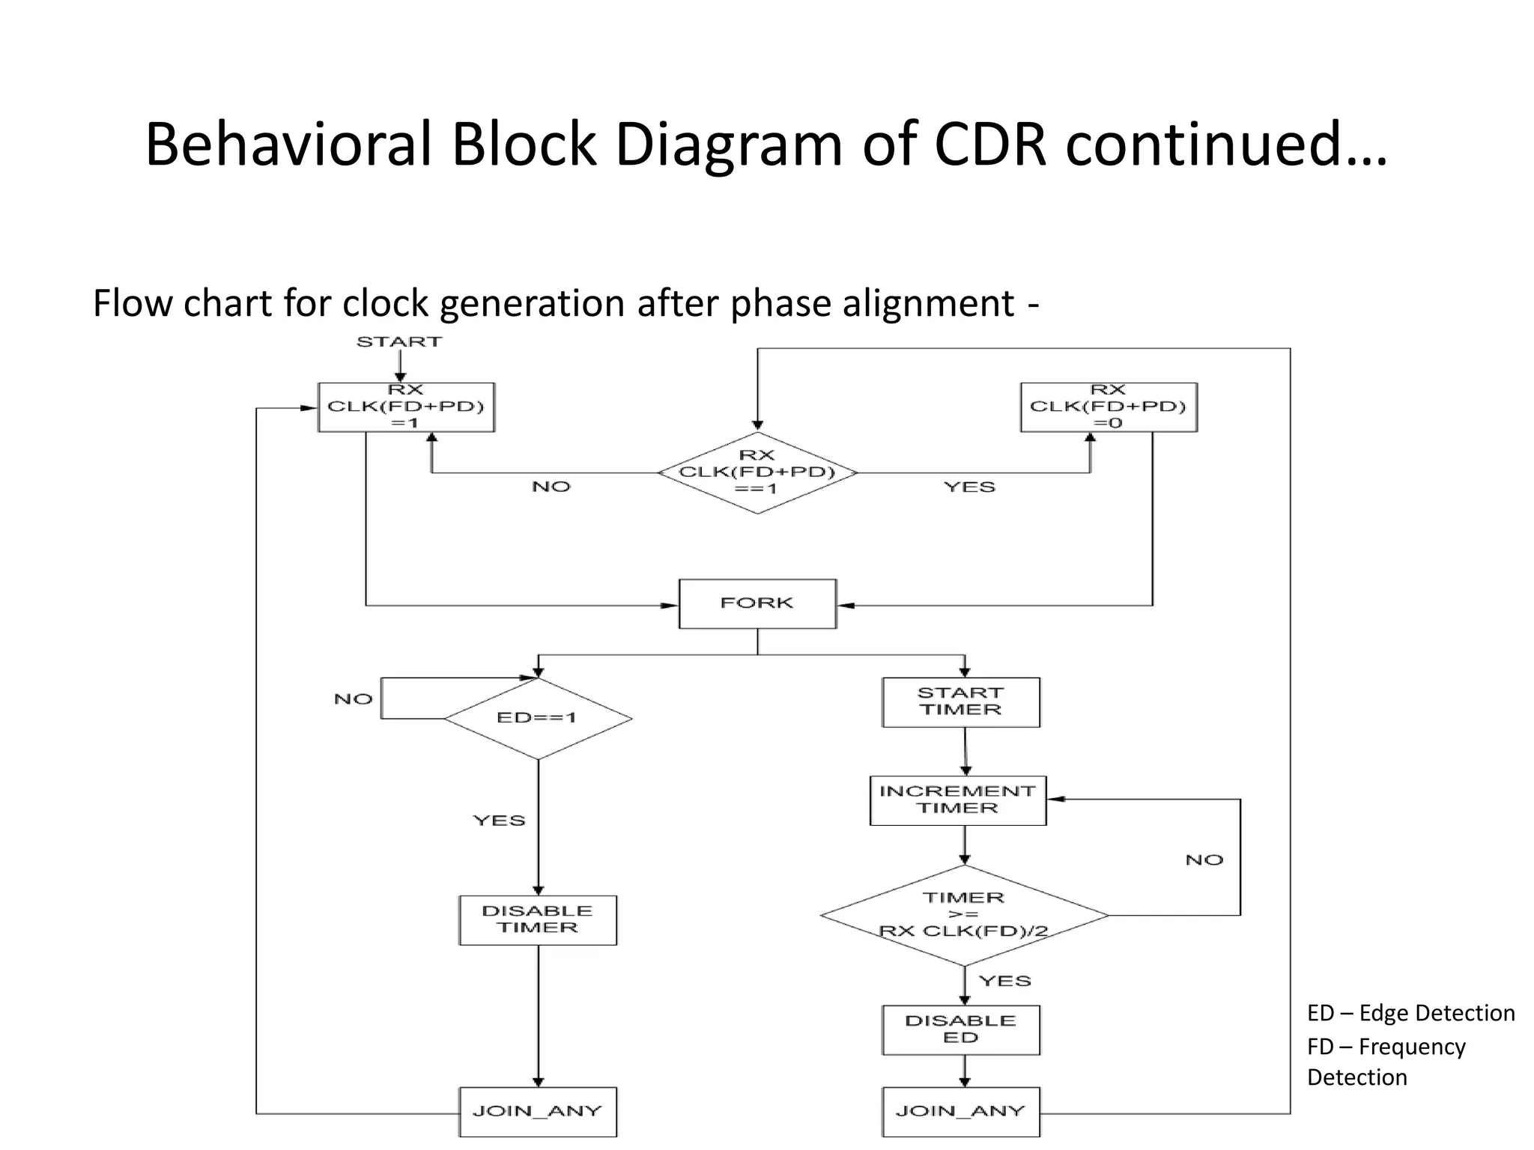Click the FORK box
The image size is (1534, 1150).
[757, 603]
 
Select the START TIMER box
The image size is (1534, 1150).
[961, 702]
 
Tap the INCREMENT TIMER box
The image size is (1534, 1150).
[957, 800]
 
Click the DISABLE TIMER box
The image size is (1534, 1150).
[538, 919]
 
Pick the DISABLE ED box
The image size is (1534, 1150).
[961, 1029]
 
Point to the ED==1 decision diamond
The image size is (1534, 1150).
[538, 718]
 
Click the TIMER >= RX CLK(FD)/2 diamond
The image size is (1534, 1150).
[964, 915]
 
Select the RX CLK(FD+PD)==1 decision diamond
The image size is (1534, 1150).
[757, 472]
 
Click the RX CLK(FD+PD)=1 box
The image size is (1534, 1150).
[406, 407]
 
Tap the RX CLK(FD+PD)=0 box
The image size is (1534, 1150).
[1109, 407]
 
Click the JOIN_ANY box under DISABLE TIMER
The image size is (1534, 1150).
[538, 1111]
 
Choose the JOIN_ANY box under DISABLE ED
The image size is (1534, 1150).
[961, 1111]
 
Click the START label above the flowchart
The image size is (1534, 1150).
[399, 342]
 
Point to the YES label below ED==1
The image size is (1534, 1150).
[499, 821]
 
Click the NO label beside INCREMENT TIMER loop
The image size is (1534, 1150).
[1204, 860]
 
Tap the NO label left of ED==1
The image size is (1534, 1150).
[353, 699]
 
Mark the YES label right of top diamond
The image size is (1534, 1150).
[969, 487]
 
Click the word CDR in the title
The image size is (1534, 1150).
[990, 144]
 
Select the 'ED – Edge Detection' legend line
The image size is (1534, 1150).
[1410, 1013]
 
